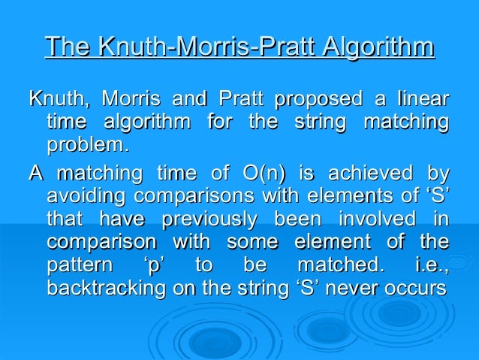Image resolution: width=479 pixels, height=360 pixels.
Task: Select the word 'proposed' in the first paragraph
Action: tap(316, 99)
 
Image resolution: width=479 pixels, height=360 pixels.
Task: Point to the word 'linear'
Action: tap(422, 99)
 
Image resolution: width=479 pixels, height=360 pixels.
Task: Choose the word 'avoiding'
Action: tap(82, 198)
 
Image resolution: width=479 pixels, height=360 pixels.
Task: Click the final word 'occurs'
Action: tap(416, 289)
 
